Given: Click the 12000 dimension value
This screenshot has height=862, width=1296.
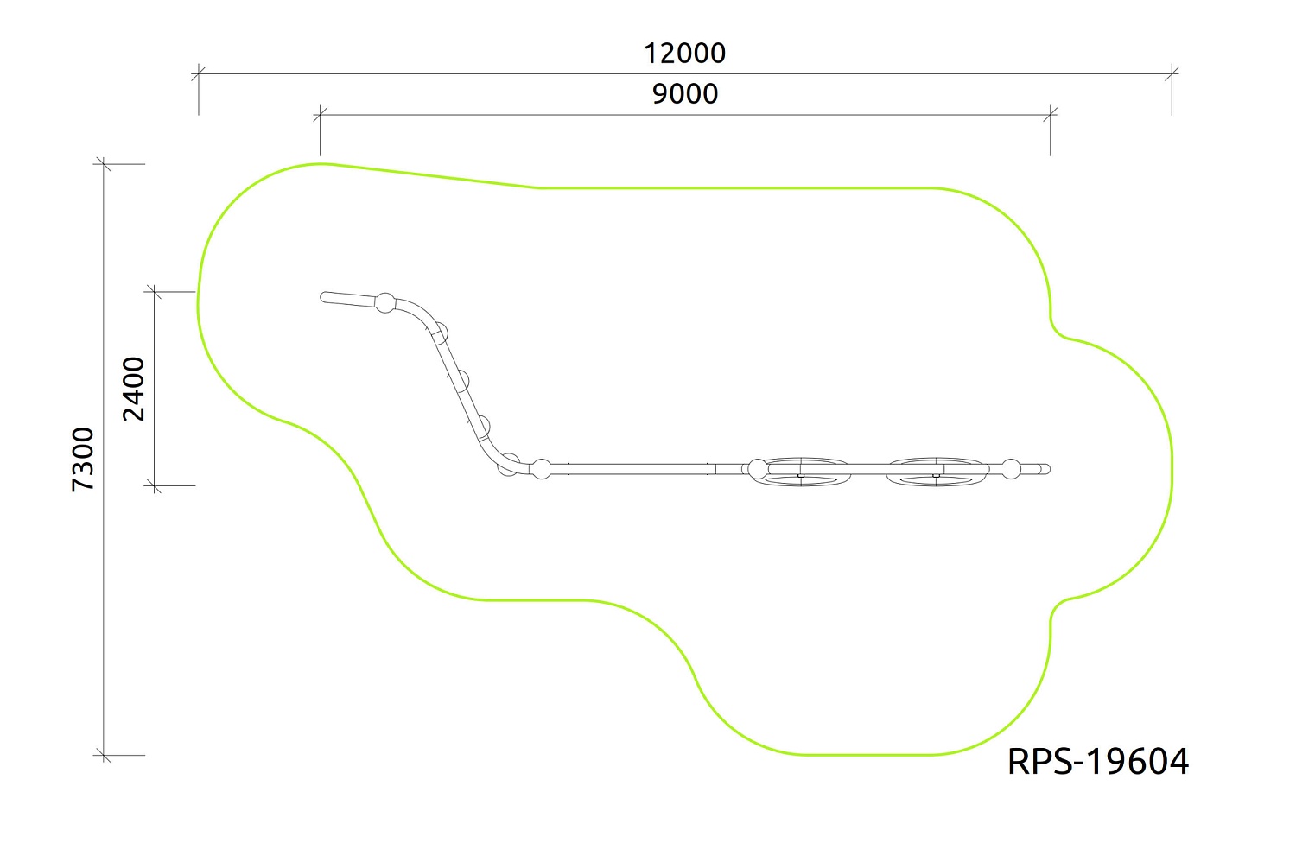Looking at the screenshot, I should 684,54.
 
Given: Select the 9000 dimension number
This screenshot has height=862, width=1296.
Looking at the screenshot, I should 684,93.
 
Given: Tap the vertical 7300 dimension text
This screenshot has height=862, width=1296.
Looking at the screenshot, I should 83,459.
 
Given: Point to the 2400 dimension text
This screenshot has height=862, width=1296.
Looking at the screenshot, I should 134,389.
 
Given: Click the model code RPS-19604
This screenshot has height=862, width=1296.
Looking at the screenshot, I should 1097,762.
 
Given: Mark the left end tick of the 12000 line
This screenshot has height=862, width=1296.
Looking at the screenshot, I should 199,74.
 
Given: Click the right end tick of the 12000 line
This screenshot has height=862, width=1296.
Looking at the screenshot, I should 1172,74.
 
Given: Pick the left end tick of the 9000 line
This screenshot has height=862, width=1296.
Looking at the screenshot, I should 320,115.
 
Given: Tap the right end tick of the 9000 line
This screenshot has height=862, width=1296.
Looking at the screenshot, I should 1051,115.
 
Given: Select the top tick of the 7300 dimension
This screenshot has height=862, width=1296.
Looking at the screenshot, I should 104,163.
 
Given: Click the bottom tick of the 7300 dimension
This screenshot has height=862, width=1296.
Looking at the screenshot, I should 104,755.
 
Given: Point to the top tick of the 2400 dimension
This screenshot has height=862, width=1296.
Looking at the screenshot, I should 155,292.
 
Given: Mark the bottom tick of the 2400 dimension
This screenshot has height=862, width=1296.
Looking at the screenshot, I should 155,485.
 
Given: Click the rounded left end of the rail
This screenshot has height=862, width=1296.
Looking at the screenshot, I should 325,297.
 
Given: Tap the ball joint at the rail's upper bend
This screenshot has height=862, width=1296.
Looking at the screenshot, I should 384,303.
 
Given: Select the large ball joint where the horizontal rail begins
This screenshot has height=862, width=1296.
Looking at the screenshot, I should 541,469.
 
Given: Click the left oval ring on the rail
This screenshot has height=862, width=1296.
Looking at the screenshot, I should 800,472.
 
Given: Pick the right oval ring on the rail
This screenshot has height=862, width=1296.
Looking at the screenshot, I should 937,472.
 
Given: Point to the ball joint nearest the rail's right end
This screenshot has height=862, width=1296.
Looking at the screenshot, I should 1012,470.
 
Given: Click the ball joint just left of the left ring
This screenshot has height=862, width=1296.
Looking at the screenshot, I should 757,469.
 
